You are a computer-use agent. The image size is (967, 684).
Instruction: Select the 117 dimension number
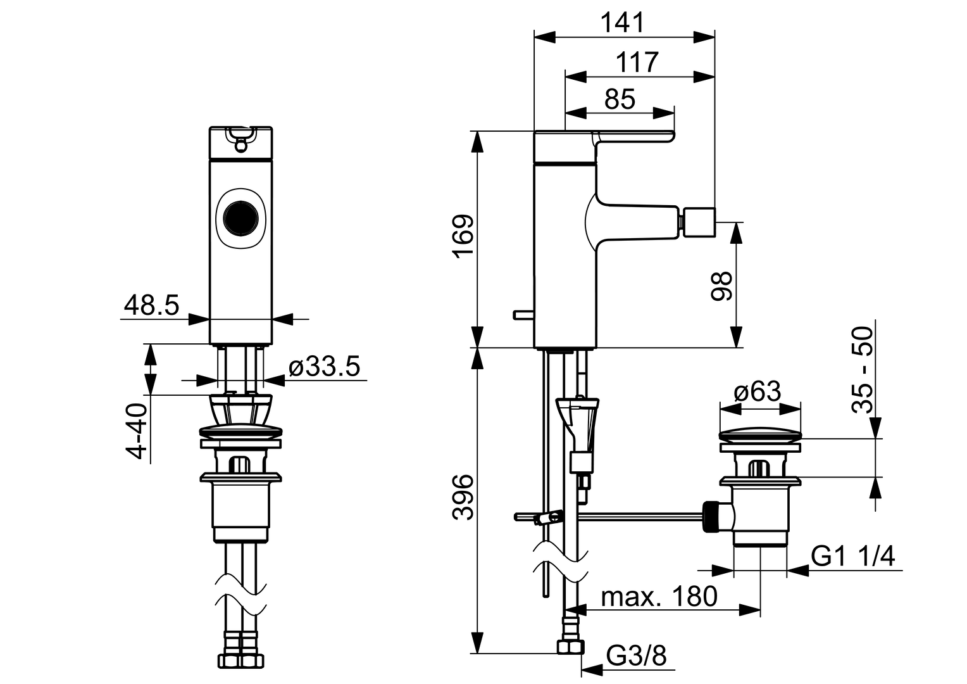point(637,62)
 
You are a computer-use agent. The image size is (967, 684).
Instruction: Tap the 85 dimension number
point(620,99)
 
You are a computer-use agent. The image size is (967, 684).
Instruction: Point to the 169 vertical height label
point(464,236)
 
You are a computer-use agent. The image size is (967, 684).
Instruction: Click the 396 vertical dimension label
point(464,497)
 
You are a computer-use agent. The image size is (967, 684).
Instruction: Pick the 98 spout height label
point(721,286)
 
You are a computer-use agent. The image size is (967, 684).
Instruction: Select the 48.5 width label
point(151,305)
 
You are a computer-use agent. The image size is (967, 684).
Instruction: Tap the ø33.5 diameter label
point(324,367)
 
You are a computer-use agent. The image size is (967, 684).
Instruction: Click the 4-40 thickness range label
point(137,431)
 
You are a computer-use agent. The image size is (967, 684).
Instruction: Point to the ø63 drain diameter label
point(757,391)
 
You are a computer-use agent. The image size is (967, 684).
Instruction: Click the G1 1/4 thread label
point(853,556)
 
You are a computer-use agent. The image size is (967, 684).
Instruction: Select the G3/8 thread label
point(636,656)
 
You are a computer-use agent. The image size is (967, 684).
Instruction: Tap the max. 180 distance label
point(659,597)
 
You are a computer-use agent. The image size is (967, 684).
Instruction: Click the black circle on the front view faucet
point(241,218)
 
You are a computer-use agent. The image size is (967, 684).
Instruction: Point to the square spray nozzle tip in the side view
point(698,222)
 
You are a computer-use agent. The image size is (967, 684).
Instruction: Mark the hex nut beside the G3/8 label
point(570,659)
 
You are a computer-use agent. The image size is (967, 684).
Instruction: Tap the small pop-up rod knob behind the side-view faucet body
point(523,315)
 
